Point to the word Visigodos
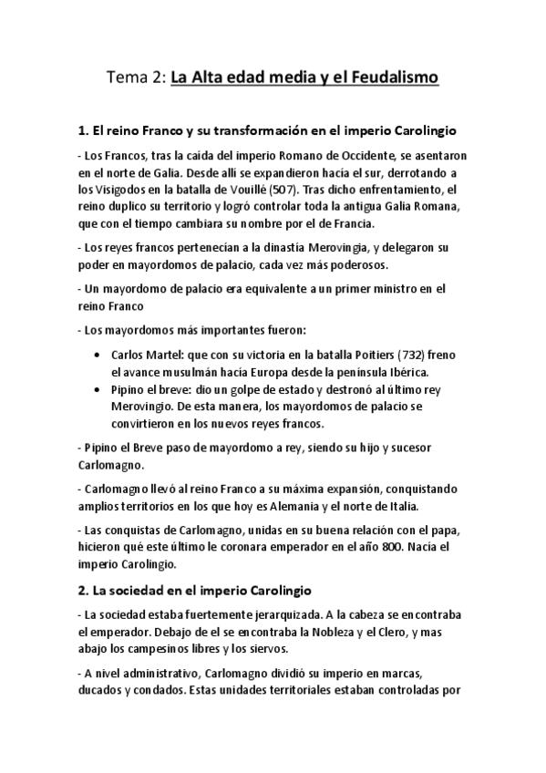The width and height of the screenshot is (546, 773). (x=120, y=191)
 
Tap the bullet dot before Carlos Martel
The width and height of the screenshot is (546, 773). (x=98, y=355)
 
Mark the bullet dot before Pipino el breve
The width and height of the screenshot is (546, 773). (x=98, y=388)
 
